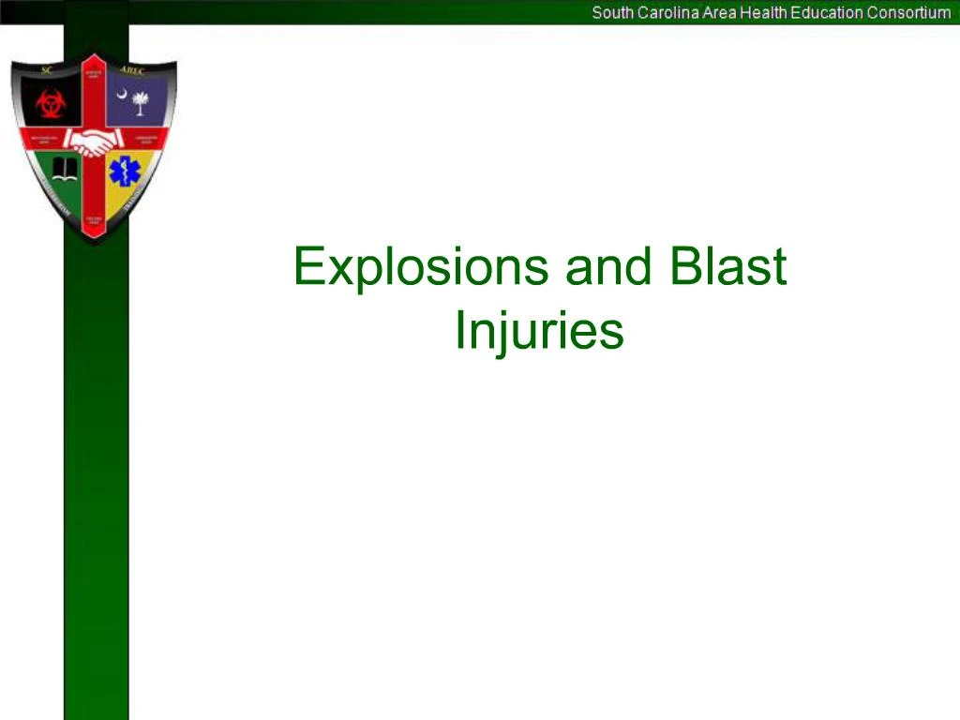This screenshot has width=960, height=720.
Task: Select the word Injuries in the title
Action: (539, 330)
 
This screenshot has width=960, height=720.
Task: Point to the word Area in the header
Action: (718, 13)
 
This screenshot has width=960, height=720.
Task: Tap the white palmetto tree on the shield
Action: (140, 101)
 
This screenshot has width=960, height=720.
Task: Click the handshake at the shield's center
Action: (94, 142)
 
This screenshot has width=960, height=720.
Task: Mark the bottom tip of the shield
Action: (94, 241)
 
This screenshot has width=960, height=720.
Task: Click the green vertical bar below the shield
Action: (96, 469)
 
